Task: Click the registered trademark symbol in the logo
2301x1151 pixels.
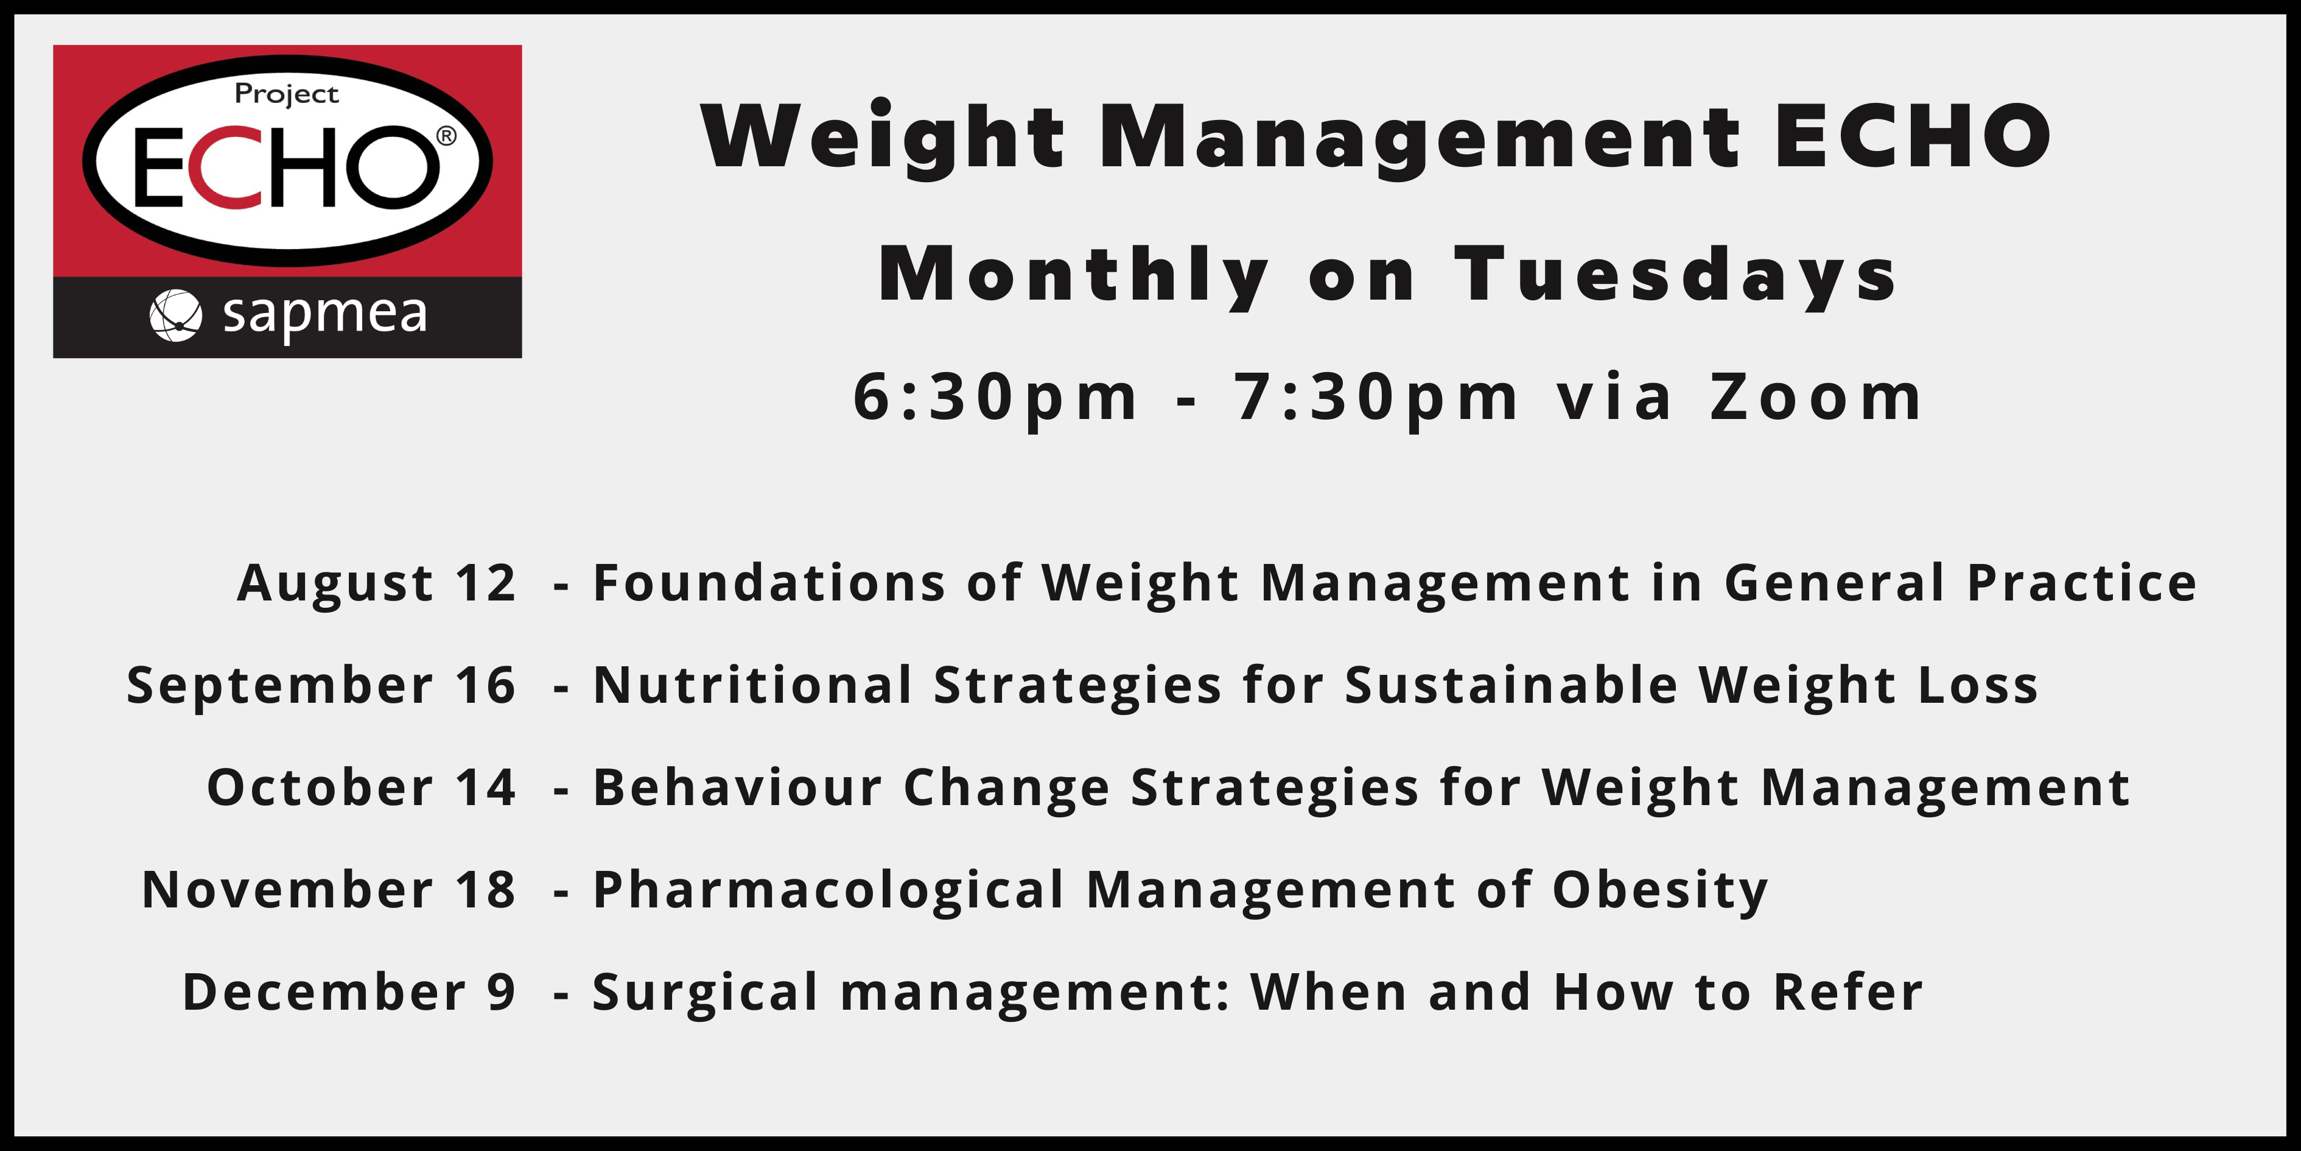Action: [x=446, y=136]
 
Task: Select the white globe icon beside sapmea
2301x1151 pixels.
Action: [x=175, y=315]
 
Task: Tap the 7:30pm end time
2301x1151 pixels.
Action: [x=1376, y=397]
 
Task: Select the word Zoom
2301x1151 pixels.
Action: [x=1816, y=397]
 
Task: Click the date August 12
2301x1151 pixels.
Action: [x=377, y=583]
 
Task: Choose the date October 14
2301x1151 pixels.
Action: [x=362, y=788]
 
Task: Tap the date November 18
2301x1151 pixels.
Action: [x=329, y=890]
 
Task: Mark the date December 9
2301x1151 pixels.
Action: [x=349, y=993]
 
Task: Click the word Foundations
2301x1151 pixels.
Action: [x=769, y=583]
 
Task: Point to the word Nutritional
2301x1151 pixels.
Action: [x=753, y=685]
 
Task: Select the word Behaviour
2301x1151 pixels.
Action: [x=738, y=787]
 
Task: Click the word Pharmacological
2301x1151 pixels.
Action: [x=829, y=892]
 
